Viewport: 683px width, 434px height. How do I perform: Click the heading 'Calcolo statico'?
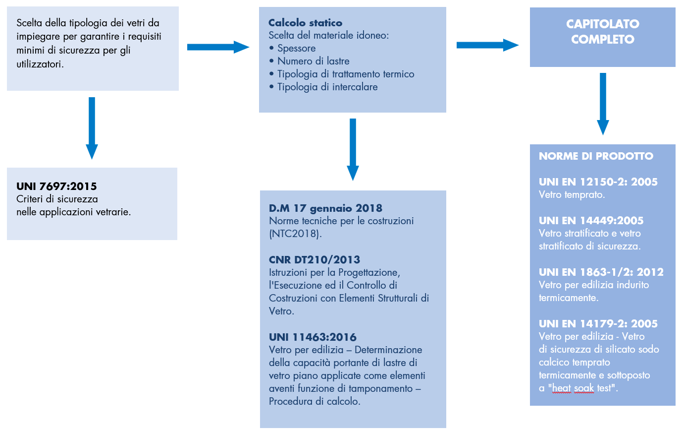tap(305, 23)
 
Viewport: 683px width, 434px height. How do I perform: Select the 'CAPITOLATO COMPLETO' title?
tap(602, 31)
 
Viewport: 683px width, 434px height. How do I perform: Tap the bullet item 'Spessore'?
tap(292, 48)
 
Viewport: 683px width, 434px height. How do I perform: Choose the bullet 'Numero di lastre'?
tap(309, 61)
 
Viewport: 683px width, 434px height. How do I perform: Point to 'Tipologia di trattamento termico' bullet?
tap(342, 74)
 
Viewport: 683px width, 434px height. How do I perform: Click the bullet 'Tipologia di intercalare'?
tap(323, 87)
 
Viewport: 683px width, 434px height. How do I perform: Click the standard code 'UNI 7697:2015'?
tap(56, 186)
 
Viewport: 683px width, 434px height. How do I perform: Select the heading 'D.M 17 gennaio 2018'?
tap(325, 208)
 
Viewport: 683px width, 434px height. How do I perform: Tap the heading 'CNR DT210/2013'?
tap(315, 260)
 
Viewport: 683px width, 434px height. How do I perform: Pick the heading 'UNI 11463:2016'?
tap(313, 337)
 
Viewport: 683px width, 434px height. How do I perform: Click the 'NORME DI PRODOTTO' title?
tap(596, 156)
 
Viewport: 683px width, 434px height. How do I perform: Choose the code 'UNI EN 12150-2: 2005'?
tap(598, 182)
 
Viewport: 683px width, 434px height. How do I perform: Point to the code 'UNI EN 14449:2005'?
tap(591, 221)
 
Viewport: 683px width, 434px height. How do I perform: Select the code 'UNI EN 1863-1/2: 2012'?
tap(601, 272)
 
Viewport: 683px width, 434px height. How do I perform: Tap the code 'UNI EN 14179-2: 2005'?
tap(598, 324)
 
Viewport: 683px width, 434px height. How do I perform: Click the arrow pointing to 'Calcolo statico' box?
tap(218, 47)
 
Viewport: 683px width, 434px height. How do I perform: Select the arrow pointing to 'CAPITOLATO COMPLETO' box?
tap(487, 45)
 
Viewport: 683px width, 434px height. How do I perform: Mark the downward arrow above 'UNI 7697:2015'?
tap(92, 128)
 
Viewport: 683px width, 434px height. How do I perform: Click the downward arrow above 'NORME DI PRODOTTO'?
tap(603, 104)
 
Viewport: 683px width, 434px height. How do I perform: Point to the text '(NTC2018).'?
tap(295, 234)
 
